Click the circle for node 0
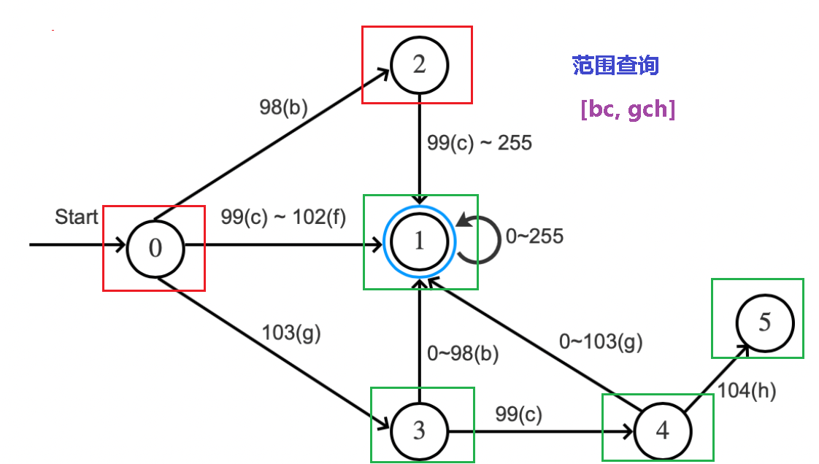click(155, 248)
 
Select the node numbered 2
click(419, 65)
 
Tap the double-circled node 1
click(419, 241)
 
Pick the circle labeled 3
click(419, 430)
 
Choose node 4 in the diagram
click(662, 430)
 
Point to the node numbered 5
click(764, 322)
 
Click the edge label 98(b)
click(283, 107)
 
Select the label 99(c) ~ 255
click(480, 143)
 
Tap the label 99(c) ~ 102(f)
click(283, 217)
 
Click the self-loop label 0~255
click(534, 236)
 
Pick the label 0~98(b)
click(463, 354)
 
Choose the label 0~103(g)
click(601, 341)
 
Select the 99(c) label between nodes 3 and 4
click(519, 414)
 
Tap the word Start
click(77, 217)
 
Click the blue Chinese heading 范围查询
click(615, 66)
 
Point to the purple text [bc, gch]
click(627, 109)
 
